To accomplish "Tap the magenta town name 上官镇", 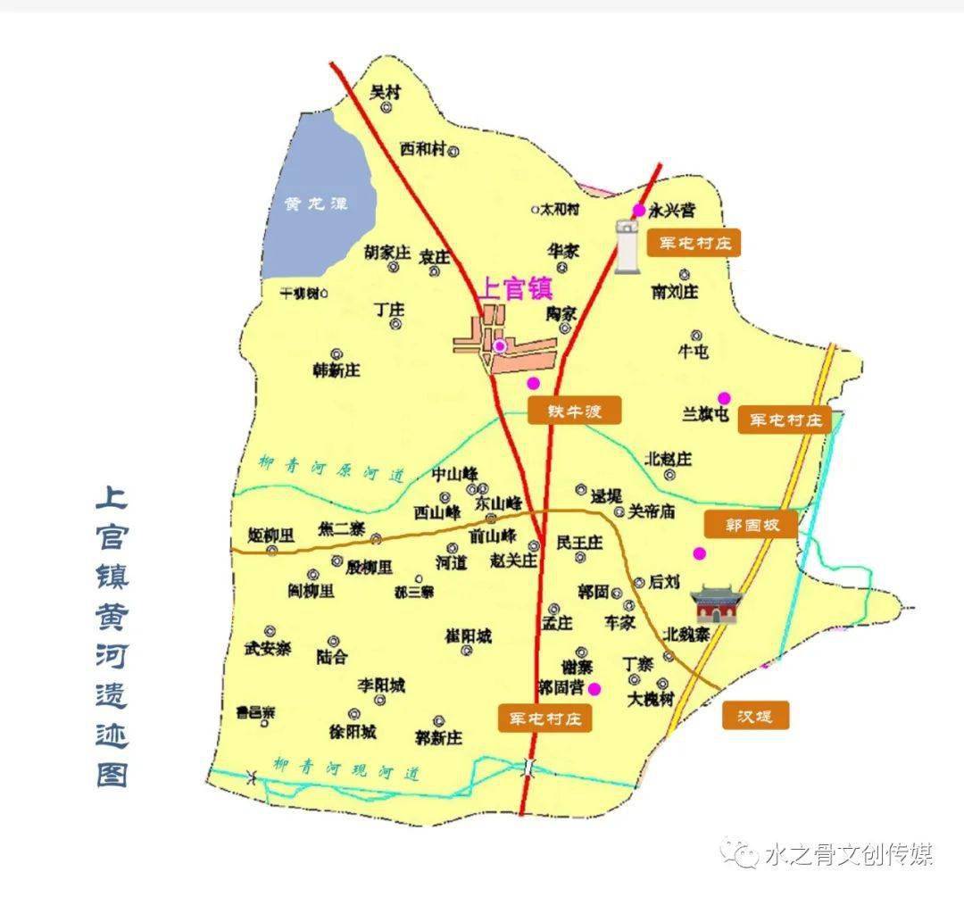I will click(516, 289).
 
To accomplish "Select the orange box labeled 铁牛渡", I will click(573, 411).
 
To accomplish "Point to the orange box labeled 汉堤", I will click(752, 715).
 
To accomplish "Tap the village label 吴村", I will click(386, 91).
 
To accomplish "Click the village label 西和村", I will click(422, 149).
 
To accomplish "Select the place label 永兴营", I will click(671, 211).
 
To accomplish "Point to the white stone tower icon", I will click(629, 245).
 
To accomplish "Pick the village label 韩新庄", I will click(336, 370).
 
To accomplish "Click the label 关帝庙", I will click(652, 512).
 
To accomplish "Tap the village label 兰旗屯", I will click(706, 414).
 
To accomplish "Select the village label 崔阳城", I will click(468, 636).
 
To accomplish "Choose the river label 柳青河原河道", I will click(330, 469).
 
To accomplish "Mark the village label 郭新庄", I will click(438, 737).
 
